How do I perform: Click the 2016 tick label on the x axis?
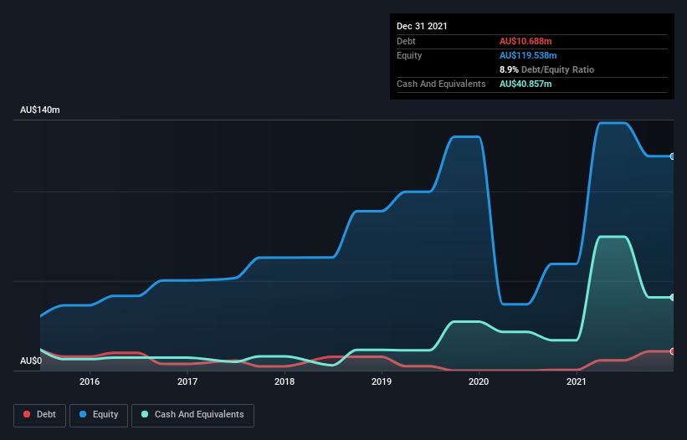click(90, 381)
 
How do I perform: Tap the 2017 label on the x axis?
click(187, 381)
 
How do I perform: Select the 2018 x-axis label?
click(285, 381)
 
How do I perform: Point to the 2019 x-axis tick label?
click(382, 381)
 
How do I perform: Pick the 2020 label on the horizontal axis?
click(479, 381)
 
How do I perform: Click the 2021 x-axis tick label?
click(577, 381)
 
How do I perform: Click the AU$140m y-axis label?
click(40, 110)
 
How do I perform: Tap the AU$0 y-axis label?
click(30, 361)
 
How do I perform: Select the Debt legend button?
click(39, 415)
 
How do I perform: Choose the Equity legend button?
click(99, 415)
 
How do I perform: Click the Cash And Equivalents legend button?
click(192, 415)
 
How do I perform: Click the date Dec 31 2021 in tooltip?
click(422, 26)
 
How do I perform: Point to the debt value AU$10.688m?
click(526, 41)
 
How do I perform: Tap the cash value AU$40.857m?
click(526, 84)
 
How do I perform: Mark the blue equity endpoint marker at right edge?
click(672, 156)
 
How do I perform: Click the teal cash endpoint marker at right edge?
click(672, 297)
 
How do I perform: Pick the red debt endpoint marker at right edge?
click(672, 351)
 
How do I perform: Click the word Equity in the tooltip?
click(409, 55)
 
